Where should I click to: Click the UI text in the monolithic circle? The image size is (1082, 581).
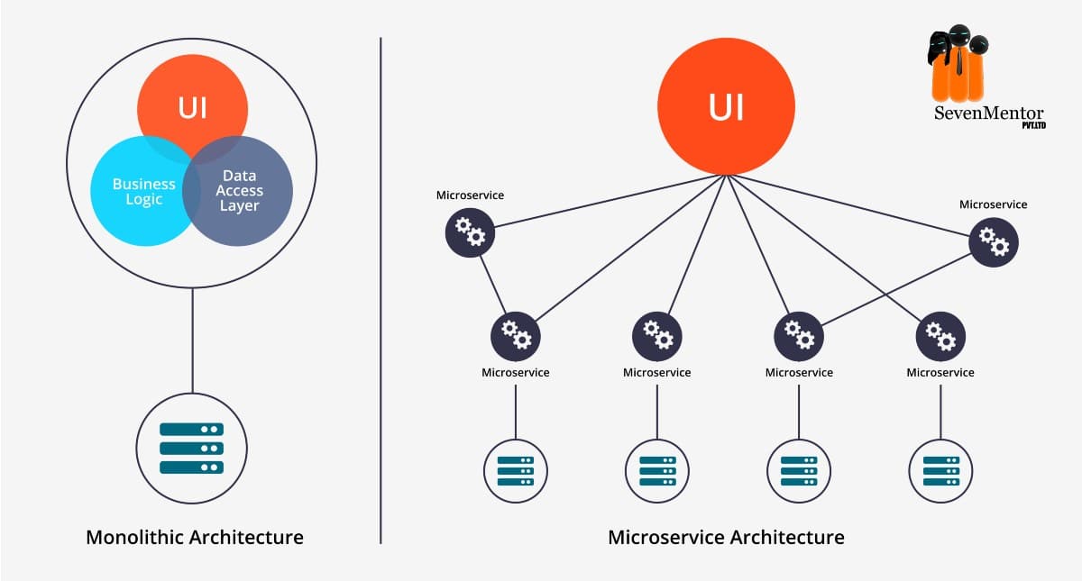click(x=192, y=107)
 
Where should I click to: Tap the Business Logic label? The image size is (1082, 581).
click(x=144, y=192)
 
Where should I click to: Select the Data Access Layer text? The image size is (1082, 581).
click(x=239, y=191)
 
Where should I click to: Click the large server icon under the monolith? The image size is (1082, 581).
click(x=192, y=449)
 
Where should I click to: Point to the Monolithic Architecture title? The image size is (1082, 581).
click(x=195, y=537)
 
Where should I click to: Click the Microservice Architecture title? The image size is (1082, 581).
click(x=726, y=537)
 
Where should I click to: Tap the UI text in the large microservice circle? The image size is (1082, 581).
click(x=726, y=106)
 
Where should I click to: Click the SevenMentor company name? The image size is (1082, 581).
click(x=988, y=113)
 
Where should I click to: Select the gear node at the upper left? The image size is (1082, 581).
click(x=470, y=232)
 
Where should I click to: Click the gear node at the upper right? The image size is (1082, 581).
click(x=994, y=242)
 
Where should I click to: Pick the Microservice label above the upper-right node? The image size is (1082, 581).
click(x=993, y=204)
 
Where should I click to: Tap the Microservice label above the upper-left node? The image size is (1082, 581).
click(x=470, y=195)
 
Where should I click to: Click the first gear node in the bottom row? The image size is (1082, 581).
click(x=516, y=336)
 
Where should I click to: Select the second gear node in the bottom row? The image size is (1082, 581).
click(x=657, y=336)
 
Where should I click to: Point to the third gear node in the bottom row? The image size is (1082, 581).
click(x=799, y=336)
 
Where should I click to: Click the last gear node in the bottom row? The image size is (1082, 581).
click(x=940, y=336)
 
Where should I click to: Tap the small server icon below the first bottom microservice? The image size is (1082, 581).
click(x=516, y=471)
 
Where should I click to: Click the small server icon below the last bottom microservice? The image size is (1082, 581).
click(x=940, y=471)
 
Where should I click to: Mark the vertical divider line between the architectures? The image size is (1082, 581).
click(x=381, y=291)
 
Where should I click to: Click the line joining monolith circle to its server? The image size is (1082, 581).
click(x=192, y=340)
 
